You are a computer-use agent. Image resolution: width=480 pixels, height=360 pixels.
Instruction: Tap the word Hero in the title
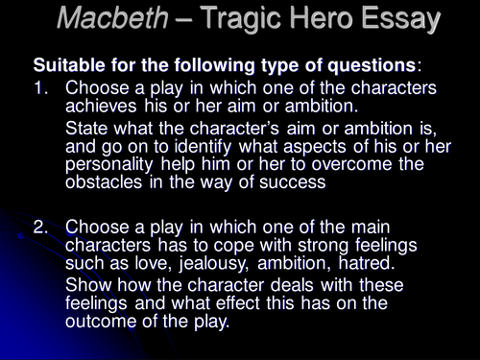[x=332, y=18]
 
